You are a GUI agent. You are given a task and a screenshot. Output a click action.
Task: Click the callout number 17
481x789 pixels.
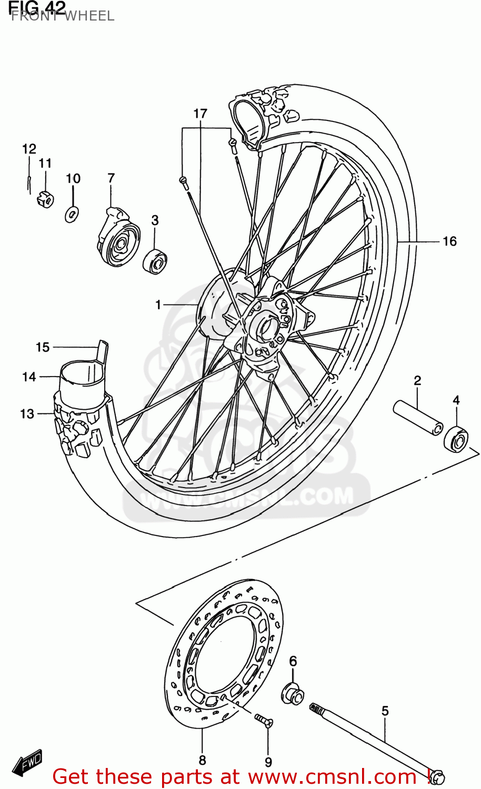pyautogui.click(x=200, y=114)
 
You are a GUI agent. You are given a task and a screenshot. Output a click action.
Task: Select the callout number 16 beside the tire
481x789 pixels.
pyautogui.click(x=449, y=241)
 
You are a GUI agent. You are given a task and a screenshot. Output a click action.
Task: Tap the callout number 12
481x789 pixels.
pyautogui.click(x=29, y=149)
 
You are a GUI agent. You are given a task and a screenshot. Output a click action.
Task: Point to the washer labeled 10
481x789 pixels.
pyautogui.click(x=72, y=214)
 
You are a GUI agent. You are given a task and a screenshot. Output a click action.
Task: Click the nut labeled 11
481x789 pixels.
pyautogui.click(x=46, y=199)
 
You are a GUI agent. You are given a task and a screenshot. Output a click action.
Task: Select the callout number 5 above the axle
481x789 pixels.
pyautogui.click(x=385, y=711)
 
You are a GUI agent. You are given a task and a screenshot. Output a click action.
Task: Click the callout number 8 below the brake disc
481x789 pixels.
pyautogui.click(x=202, y=760)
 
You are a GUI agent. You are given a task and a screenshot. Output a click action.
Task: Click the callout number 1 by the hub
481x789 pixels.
pyautogui.click(x=158, y=305)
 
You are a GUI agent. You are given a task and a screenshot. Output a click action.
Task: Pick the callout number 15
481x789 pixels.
pyautogui.click(x=43, y=347)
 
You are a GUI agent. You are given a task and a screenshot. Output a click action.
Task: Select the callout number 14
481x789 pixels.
pyautogui.click(x=29, y=377)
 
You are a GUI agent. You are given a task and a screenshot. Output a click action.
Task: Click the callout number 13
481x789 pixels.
pyautogui.click(x=27, y=414)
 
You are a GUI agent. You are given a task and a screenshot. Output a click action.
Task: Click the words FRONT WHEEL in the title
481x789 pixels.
pyautogui.click(x=62, y=16)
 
